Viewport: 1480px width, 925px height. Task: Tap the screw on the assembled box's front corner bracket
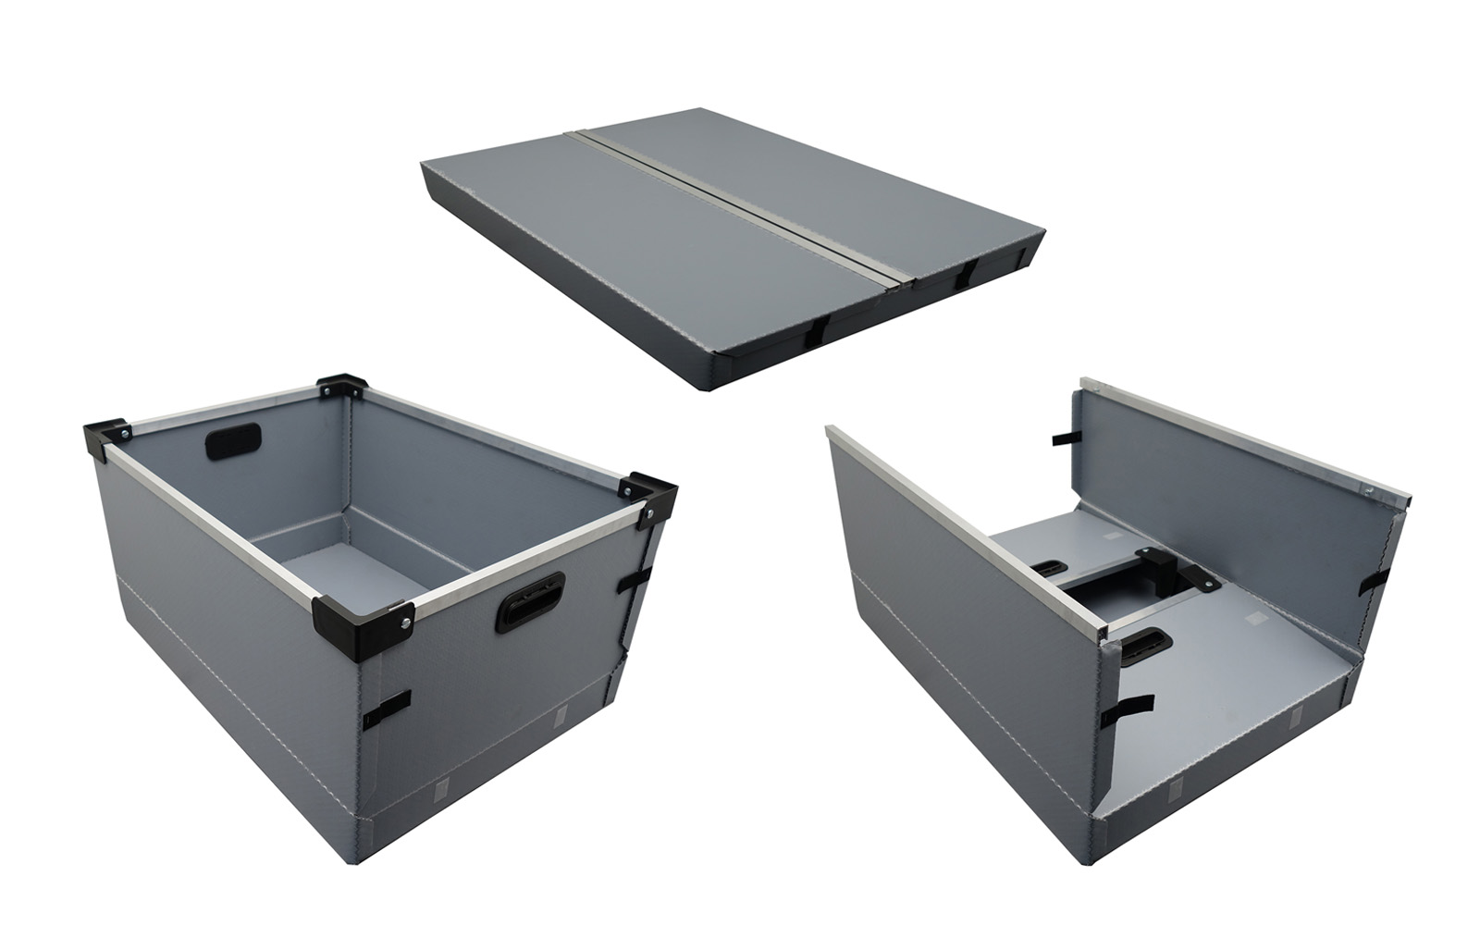(403, 622)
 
